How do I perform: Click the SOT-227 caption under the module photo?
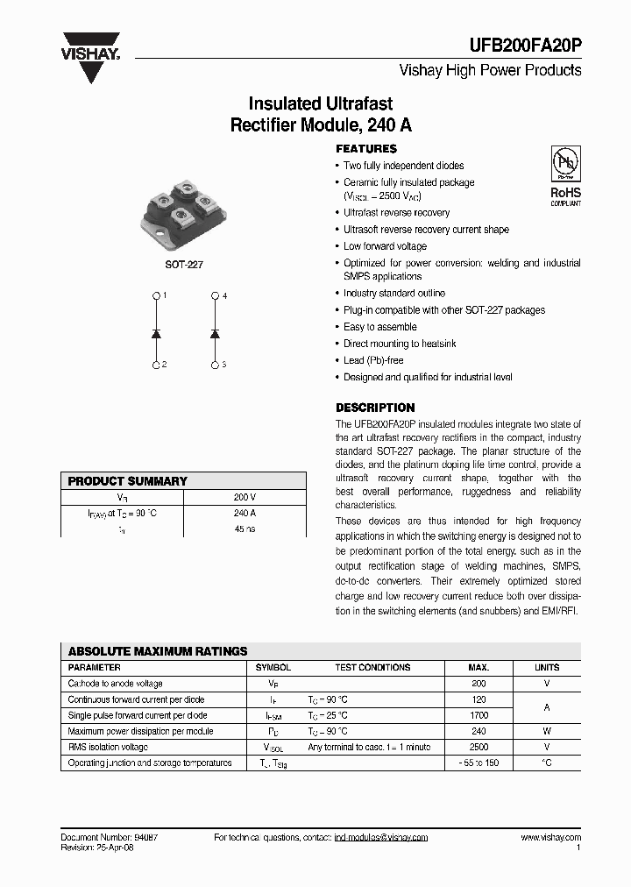pos(184,264)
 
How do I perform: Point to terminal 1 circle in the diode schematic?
pos(156,296)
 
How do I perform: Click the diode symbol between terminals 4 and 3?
pos(215,333)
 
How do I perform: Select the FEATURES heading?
pos(366,149)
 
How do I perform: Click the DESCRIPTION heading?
pos(375,408)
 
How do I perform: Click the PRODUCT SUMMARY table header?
pos(128,481)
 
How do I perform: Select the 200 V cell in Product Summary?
pos(245,497)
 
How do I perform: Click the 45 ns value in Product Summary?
pos(245,529)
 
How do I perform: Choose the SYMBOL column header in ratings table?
pos(273,667)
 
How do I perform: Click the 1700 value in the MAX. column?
pos(479,715)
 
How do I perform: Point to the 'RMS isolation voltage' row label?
pos(108,747)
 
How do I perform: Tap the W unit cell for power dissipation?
pos(547,731)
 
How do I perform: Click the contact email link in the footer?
pos(380,838)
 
